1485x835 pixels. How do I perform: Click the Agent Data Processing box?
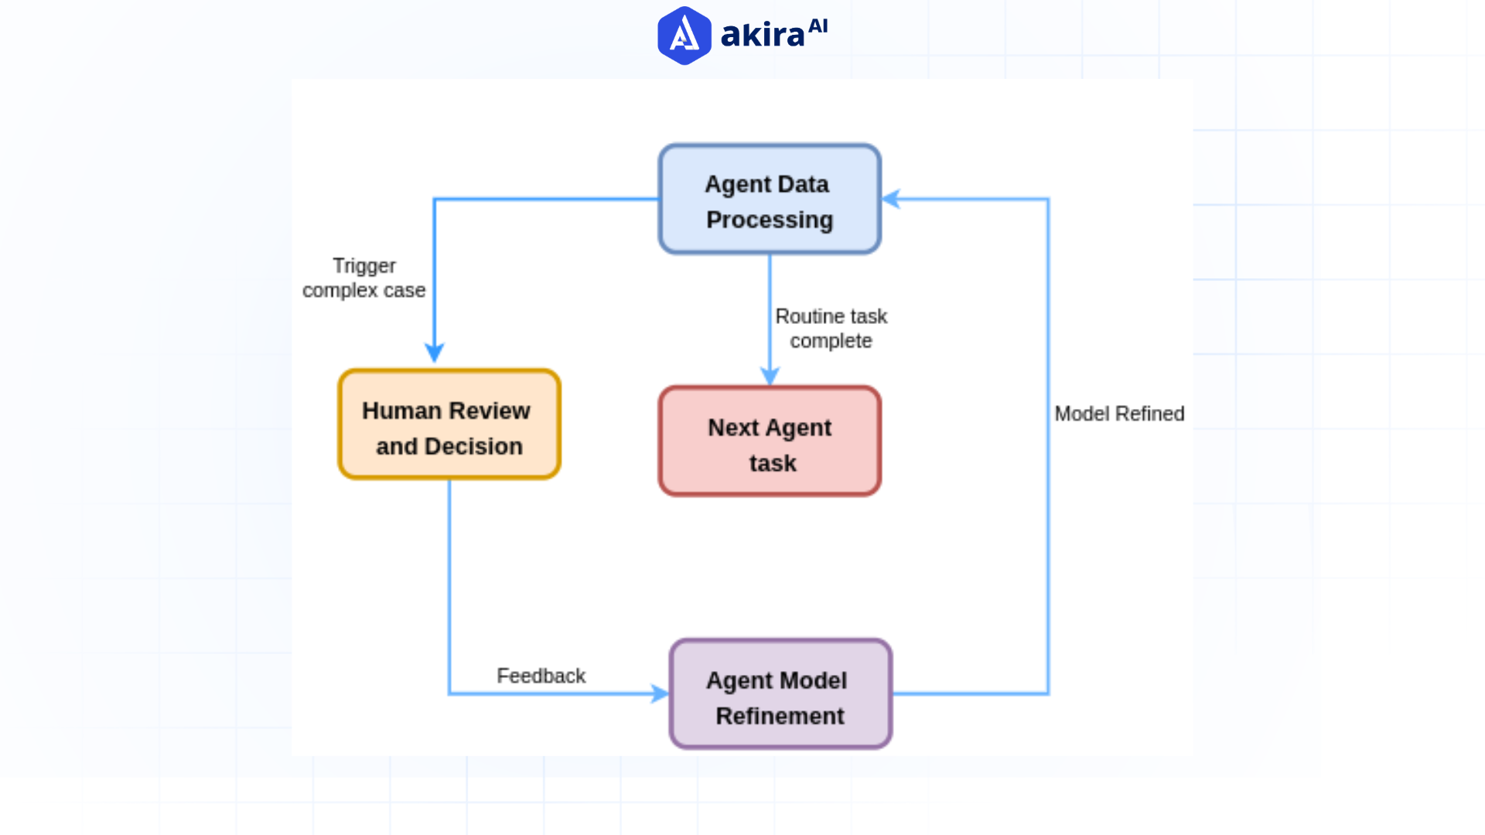[770, 199]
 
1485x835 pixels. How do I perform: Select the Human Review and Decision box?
[449, 424]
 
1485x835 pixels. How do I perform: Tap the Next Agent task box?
[770, 441]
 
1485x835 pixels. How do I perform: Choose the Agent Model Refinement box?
[780, 694]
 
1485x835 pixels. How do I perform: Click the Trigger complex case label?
[364, 278]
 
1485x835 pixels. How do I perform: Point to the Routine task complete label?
[831, 329]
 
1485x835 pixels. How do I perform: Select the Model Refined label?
[1118, 414]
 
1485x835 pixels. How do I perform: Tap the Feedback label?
[541, 677]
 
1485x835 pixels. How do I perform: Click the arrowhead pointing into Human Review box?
[435, 353]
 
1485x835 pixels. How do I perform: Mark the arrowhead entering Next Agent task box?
[770, 377]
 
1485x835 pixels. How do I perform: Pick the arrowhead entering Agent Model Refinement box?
[660, 694]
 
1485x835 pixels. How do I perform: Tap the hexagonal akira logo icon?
[684, 36]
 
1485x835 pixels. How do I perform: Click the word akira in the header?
[763, 36]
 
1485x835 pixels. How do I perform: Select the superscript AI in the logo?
[818, 27]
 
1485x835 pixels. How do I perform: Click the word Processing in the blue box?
[770, 220]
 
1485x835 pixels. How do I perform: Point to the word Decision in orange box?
[473, 447]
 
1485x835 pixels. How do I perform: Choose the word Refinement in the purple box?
[780, 717]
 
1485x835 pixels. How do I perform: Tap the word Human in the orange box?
[401, 411]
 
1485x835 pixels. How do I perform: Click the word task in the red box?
[772, 464]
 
